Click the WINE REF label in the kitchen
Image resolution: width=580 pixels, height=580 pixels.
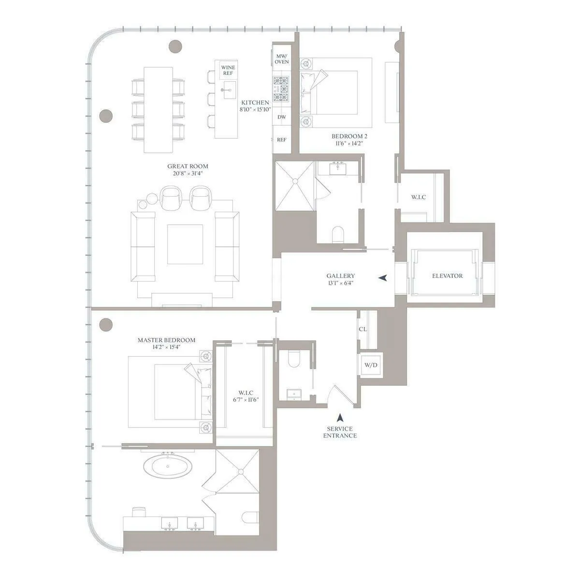click(228, 70)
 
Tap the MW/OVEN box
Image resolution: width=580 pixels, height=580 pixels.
click(282, 59)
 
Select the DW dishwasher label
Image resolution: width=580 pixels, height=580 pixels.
click(281, 117)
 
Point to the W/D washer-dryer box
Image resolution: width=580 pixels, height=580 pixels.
click(371, 365)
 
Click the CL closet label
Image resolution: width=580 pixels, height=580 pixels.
click(362, 329)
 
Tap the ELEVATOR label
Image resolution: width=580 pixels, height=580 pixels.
click(447, 276)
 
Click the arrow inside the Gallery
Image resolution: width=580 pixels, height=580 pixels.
click(383, 278)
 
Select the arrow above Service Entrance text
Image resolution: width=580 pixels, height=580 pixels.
click(341, 417)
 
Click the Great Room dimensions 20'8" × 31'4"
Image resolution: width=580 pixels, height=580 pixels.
click(188, 173)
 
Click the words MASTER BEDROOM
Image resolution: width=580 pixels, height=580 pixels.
click(166, 340)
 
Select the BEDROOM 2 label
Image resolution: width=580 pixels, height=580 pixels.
click(347, 136)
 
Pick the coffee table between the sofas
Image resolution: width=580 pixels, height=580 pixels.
click(185, 244)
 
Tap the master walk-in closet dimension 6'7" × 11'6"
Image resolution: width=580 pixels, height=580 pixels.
click(246, 400)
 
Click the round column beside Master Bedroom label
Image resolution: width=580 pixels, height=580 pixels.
click(106, 325)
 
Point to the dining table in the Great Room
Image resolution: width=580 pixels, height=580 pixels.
click(158, 110)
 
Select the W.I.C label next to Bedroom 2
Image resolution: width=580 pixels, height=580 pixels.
click(418, 197)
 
